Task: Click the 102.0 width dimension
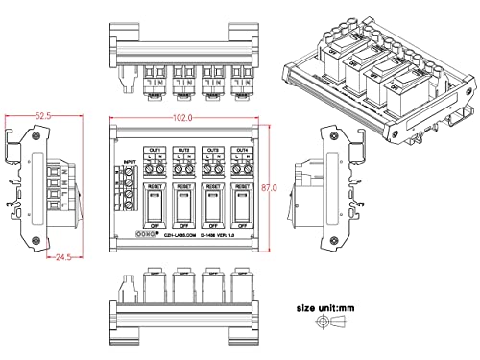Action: point(182,117)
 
